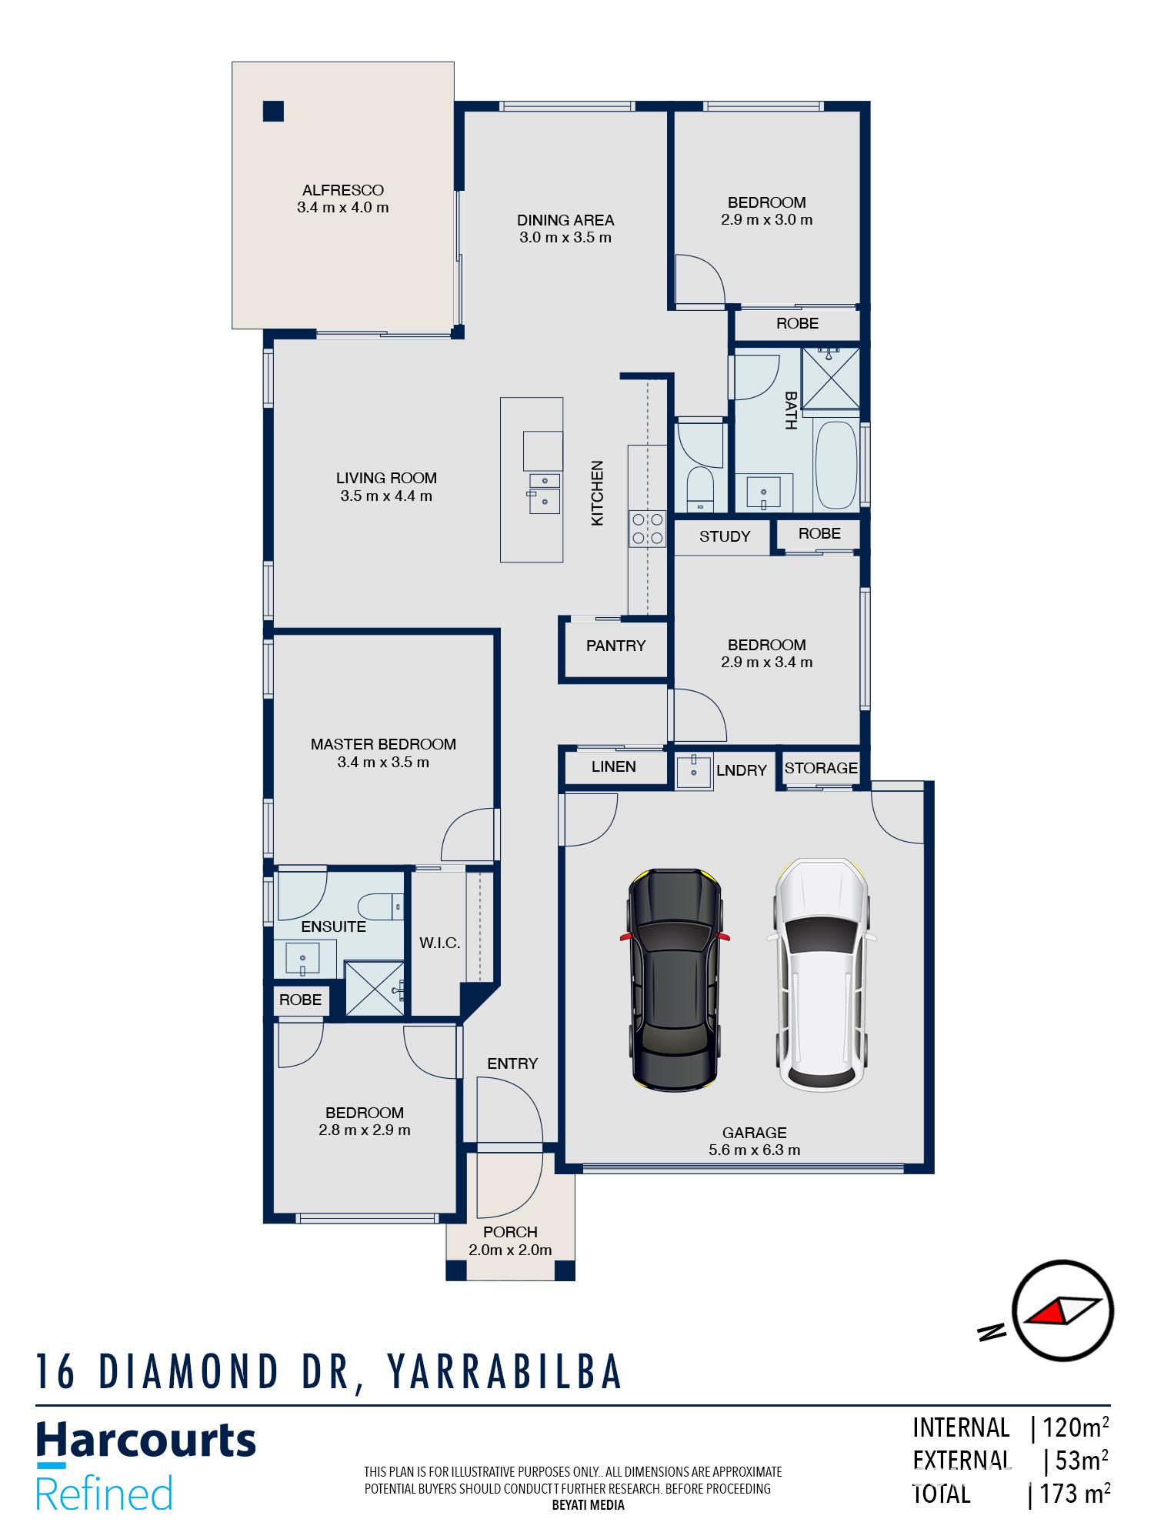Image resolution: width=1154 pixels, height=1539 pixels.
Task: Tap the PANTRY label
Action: coord(615,646)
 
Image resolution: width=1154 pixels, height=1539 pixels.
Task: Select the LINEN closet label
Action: coord(614,766)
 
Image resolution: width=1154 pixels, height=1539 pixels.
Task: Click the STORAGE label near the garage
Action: coord(821,768)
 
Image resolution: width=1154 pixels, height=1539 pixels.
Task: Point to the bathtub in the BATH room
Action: coord(836,465)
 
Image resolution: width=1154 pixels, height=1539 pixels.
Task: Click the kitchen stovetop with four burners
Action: coord(647,529)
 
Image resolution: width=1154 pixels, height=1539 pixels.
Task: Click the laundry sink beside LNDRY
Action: coord(694,771)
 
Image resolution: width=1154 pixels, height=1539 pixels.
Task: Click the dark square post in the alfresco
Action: coord(273,112)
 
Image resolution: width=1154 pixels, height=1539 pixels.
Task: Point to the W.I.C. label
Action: coord(440,943)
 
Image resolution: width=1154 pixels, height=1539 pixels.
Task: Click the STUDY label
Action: coord(725,536)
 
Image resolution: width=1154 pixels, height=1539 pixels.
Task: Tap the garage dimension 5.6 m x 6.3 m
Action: coord(754,1150)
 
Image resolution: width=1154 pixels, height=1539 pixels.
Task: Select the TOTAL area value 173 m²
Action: coord(1073,1494)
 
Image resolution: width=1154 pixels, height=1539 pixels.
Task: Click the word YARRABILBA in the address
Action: coord(505,1371)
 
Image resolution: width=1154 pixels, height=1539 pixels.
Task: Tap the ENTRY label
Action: coord(512,1063)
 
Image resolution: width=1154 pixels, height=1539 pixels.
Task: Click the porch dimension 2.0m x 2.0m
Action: coord(510,1250)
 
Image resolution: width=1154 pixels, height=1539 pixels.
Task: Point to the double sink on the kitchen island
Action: coord(544,492)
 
